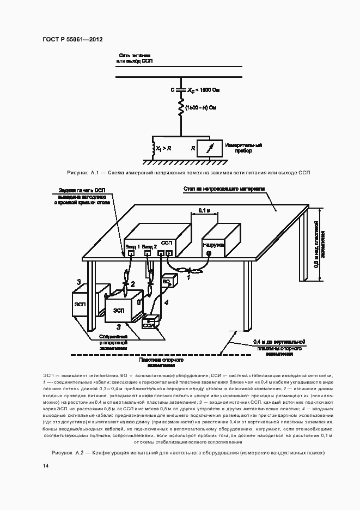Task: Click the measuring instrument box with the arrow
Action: click(210, 147)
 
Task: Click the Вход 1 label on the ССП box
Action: click(133, 246)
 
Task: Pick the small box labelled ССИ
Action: click(149, 324)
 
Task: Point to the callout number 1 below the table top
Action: click(189, 278)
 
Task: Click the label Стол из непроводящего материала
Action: click(223, 189)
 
